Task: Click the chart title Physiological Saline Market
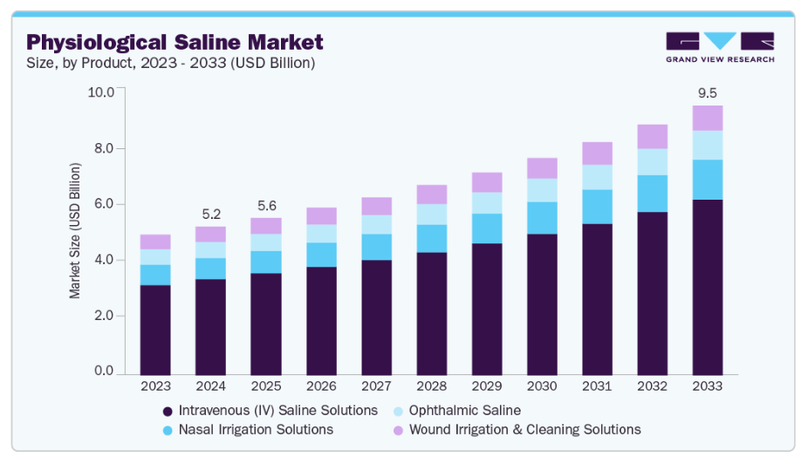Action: point(175,42)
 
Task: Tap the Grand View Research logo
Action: point(719,48)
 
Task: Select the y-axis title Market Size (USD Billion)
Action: point(76,229)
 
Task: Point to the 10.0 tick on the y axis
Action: point(103,92)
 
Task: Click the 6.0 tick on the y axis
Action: point(103,204)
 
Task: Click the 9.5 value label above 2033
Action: point(707,92)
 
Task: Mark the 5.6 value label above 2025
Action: point(265,206)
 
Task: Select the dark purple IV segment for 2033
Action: point(707,286)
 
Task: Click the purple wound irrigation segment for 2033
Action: point(707,118)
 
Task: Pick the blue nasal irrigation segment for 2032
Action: point(652,194)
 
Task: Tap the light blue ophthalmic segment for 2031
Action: point(597,177)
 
